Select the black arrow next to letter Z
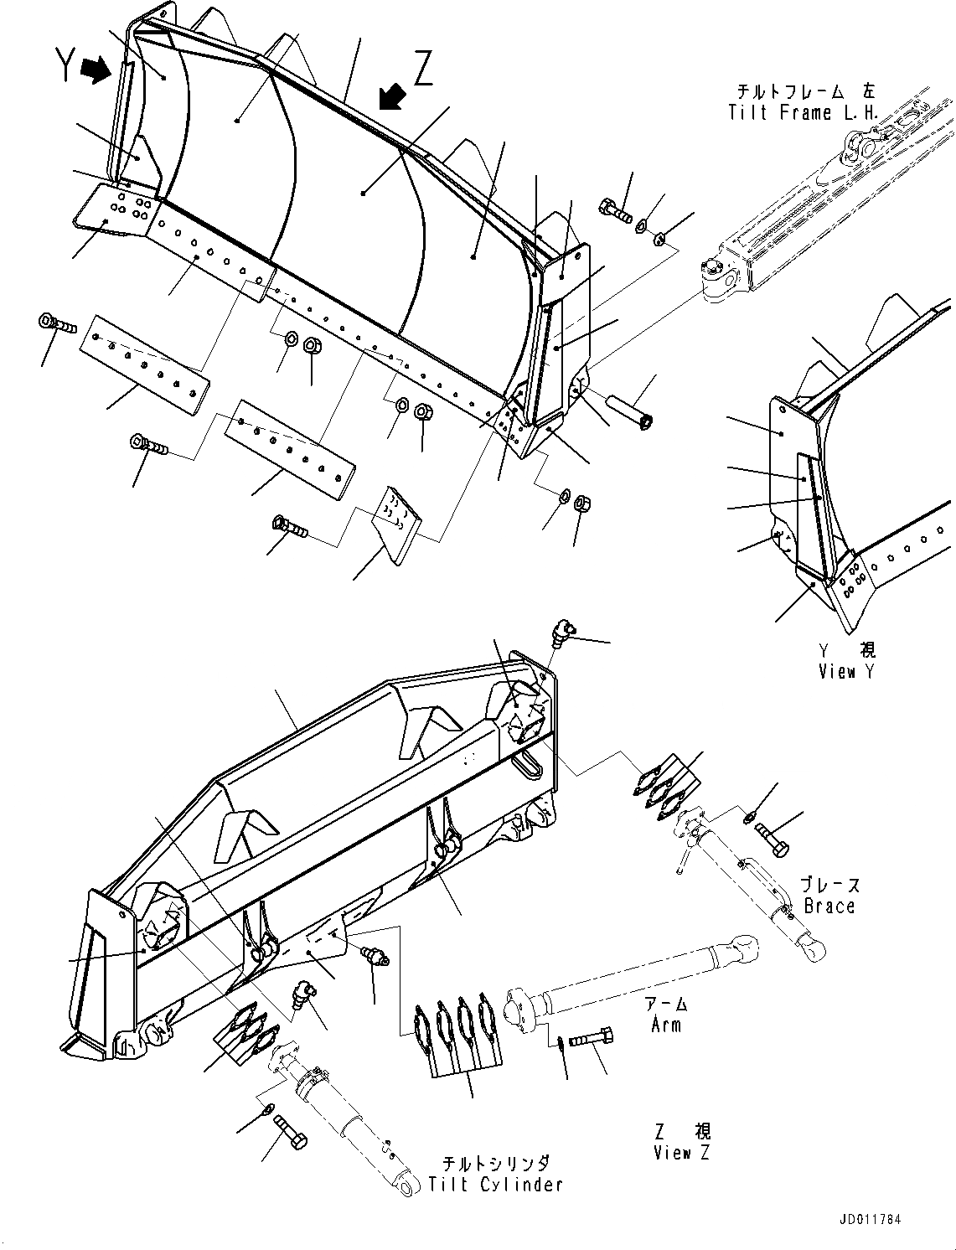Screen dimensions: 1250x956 [x=391, y=96]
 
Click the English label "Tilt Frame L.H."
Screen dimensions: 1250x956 [x=803, y=112]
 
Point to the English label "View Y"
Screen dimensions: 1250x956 [x=849, y=671]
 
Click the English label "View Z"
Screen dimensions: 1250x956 [x=682, y=1152]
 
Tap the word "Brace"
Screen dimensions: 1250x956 [x=829, y=906]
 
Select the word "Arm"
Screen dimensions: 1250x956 [x=667, y=1024]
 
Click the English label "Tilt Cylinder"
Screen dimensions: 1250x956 [x=496, y=1184]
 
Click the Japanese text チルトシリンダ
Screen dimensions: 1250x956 [x=496, y=1164]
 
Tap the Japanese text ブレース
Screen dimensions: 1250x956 [x=829, y=886]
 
